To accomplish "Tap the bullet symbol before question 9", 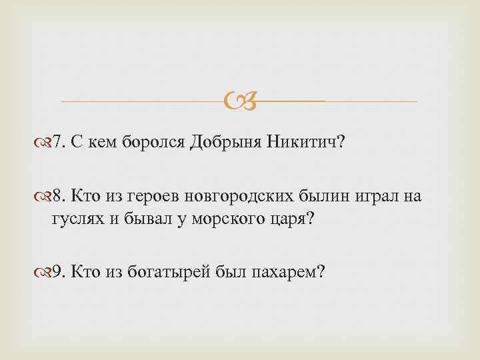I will point(45,271).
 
